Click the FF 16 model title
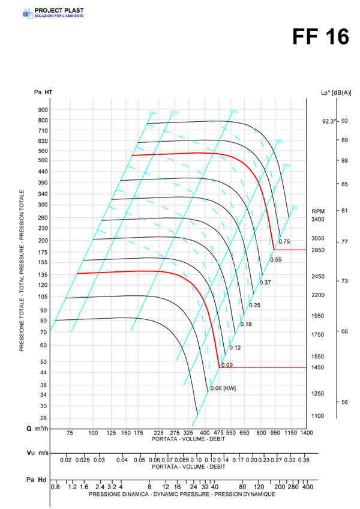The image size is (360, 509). click(x=320, y=37)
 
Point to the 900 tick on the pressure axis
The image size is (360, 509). click(x=43, y=110)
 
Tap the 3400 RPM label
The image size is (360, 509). click(x=318, y=220)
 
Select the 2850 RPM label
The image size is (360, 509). click(x=318, y=250)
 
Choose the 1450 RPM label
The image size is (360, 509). click(x=318, y=367)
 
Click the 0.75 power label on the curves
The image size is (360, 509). click(x=284, y=241)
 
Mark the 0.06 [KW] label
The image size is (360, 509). click(x=223, y=388)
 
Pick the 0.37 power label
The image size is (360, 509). click(x=265, y=282)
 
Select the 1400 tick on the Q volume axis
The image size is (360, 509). click(x=307, y=433)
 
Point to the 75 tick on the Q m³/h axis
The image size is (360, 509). click(x=70, y=433)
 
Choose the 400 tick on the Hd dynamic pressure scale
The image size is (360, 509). click(x=308, y=487)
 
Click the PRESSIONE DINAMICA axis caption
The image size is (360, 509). click(x=182, y=495)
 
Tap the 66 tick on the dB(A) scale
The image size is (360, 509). click(x=345, y=331)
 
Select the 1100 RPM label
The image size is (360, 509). click(x=318, y=415)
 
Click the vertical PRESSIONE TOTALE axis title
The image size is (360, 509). click(x=22, y=270)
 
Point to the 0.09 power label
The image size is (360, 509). click(x=227, y=365)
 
